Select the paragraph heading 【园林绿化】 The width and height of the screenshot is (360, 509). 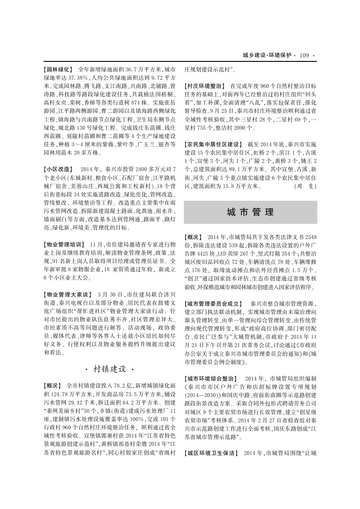coord(59,69)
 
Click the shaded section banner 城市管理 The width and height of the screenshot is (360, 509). coord(250,212)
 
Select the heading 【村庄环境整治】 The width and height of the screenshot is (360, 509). coord(205,86)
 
